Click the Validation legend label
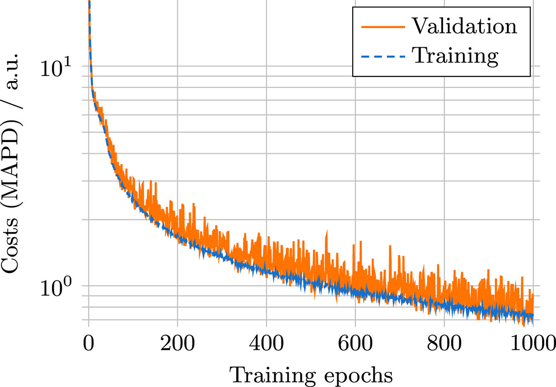[x=464, y=26]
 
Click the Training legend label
[x=455, y=56]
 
